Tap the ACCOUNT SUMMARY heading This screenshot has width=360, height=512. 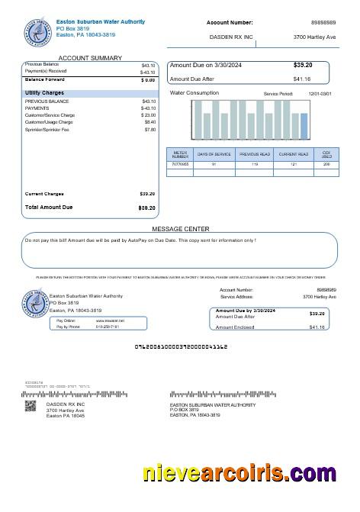pyautogui.click(x=90, y=58)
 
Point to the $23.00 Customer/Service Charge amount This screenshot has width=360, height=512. pyautogui.click(x=148, y=114)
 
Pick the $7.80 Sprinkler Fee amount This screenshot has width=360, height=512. pyautogui.click(x=149, y=130)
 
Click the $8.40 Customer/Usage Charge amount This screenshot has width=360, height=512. pyautogui.click(x=149, y=122)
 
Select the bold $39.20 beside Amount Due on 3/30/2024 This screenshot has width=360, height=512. pyautogui.click(x=302, y=65)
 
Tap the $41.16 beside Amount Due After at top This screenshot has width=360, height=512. pyautogui.click(x=302, y=79)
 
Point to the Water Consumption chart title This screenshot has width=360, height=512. pyautogui.click(x=194, y=93)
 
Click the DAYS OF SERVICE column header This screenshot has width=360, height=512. pyautogui.click(x=214, y=154)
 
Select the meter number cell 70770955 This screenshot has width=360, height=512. pyautogui.click(x=180, y=164)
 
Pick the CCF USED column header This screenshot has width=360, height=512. pyautogui.click(x=326, y=154)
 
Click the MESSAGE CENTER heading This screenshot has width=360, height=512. pyautogui.click(x=181, y=229)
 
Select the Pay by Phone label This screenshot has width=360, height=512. pyautogui.click(x=68, y=327)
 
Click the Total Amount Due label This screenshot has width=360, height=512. pyautogui.click(x=49, y=208)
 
